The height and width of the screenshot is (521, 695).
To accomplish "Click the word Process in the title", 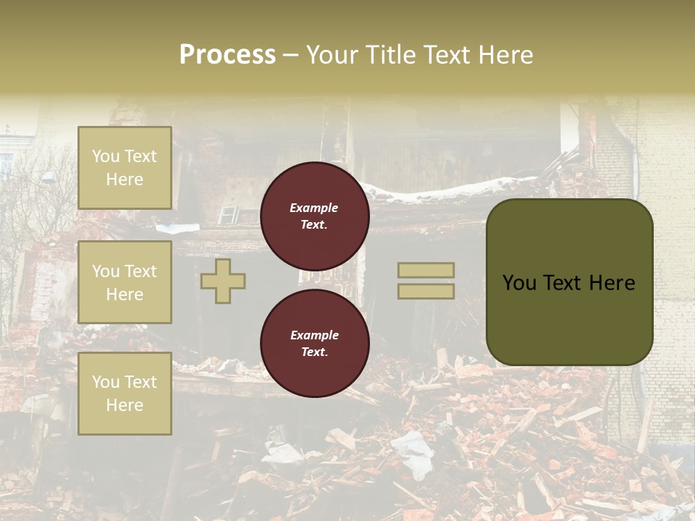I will [227, 55].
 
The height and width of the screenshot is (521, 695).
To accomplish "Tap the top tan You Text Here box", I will [125, 168].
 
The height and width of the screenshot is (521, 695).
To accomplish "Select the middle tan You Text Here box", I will [125, 282].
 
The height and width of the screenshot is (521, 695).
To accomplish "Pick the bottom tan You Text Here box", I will [125, 394].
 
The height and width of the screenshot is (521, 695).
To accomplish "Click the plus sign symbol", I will [223, 281].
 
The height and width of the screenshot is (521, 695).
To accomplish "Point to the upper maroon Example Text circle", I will [315, 216].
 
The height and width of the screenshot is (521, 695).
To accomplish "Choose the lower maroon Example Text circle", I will [315, 344].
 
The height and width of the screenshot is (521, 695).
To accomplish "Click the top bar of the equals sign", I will [426, 271].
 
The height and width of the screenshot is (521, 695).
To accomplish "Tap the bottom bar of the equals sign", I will [426, 291].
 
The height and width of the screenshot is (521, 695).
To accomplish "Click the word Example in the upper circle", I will [314, 208].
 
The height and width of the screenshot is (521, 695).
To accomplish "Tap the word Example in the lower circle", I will [314, 335].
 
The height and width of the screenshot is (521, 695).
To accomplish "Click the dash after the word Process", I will [290, 55].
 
